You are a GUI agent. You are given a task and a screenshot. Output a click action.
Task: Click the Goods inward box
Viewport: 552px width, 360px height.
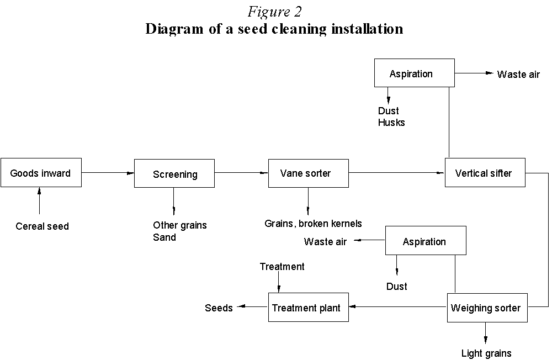pyautogui.click(x=41, y=172)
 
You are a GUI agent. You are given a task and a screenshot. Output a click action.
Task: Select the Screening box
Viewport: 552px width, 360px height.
pyautogui.click(x=174, y=173)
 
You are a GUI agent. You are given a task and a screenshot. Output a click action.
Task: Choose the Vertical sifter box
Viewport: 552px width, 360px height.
pyautogui.click(x=485, y=172)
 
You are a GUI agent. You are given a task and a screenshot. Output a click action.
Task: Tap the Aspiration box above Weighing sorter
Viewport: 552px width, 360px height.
pyautogui.click(x=425, y=241)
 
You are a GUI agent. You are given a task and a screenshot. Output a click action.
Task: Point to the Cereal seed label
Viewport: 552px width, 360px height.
pyautogui.click(x=42, y=226)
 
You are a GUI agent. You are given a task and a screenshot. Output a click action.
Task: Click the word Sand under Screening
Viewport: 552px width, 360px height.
pyautogui.click(x=164, y=237)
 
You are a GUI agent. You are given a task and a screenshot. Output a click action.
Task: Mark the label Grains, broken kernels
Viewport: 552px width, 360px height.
pyautogui.click(x=313, y=224)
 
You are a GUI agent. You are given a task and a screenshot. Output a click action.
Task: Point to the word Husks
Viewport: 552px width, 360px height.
pyautogui.click(x=391, y=123)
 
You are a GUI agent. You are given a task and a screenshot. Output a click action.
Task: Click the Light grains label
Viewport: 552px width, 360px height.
pyautogui.click(x=486, y=353)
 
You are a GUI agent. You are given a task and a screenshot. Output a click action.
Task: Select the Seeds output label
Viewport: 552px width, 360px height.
pyautogui.click(x=219, y=308)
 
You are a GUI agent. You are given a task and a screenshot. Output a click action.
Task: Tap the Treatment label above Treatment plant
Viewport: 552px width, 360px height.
pyautogui.click(x=282, y=267)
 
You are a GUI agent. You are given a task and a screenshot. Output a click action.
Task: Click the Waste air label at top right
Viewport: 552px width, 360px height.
pyautogui.click(x=518, y=74)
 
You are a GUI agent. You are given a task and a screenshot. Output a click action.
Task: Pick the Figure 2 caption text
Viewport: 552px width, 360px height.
pyautogui.click(x=274, y=11)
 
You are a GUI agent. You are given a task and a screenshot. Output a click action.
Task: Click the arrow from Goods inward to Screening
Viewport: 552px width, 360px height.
pyautogui.click(x=108, y=173)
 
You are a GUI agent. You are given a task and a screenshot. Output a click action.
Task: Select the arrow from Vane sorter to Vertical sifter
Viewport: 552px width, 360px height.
pyautogui.click(x=396, y=173)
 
